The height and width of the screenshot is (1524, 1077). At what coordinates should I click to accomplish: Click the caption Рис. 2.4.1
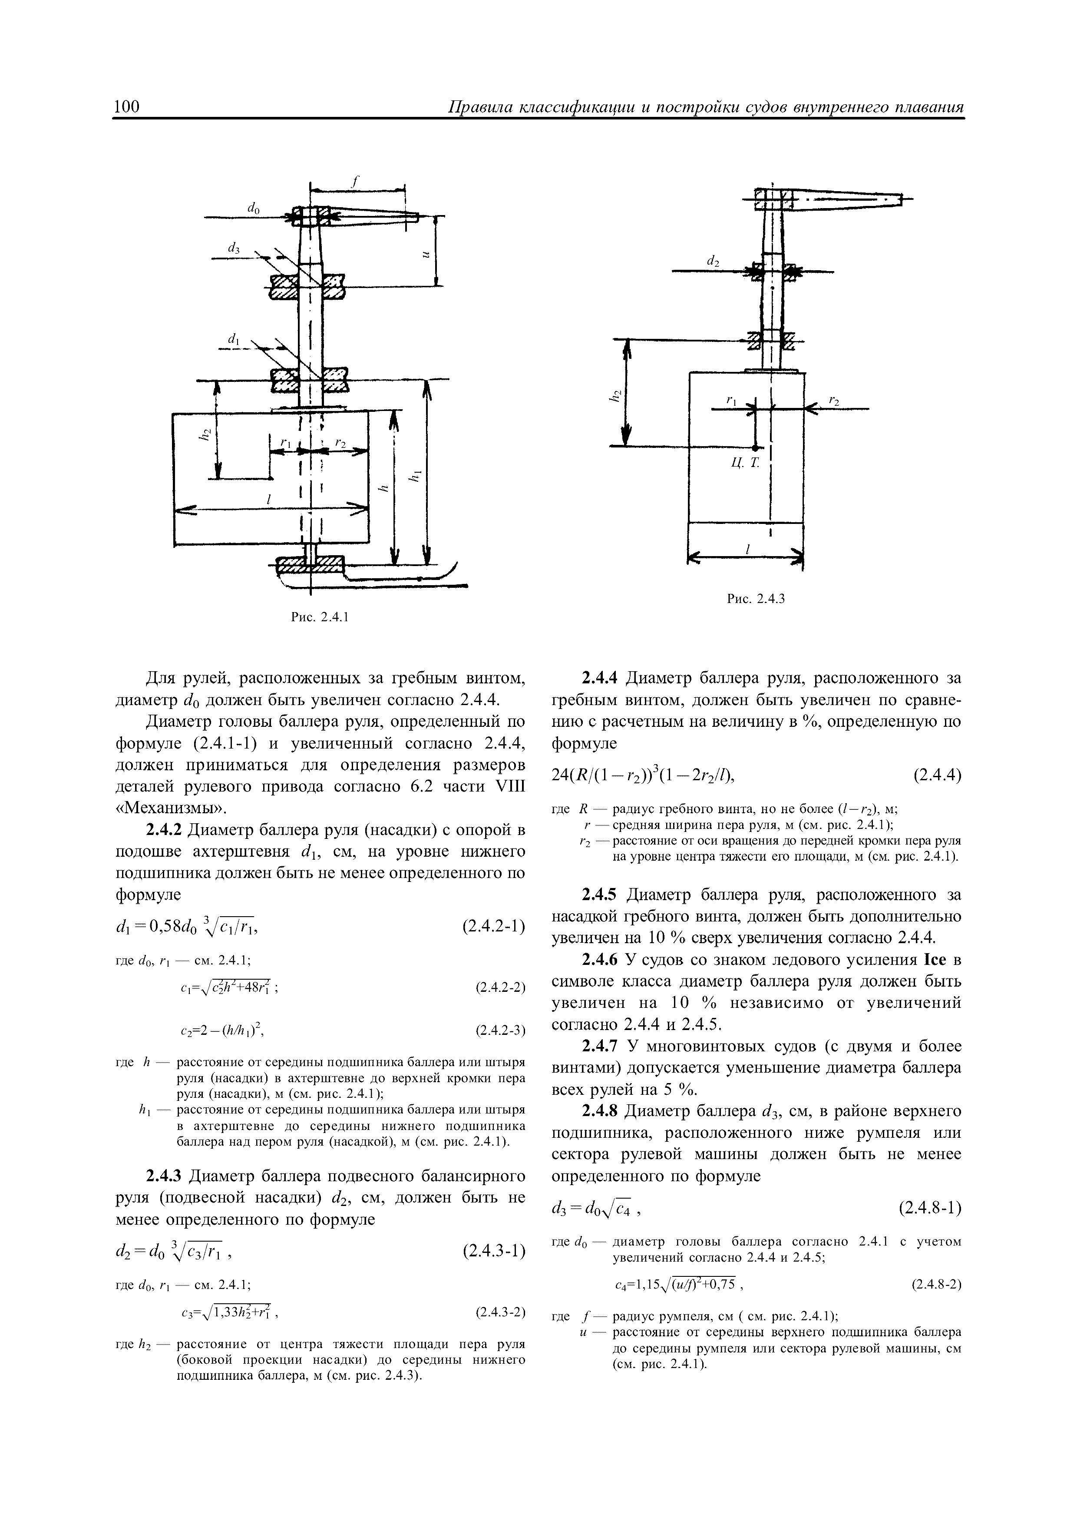[320, 618]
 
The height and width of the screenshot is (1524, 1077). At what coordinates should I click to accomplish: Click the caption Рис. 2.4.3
[756, 600]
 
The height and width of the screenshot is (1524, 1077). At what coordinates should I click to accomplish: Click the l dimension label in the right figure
[748, 549]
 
